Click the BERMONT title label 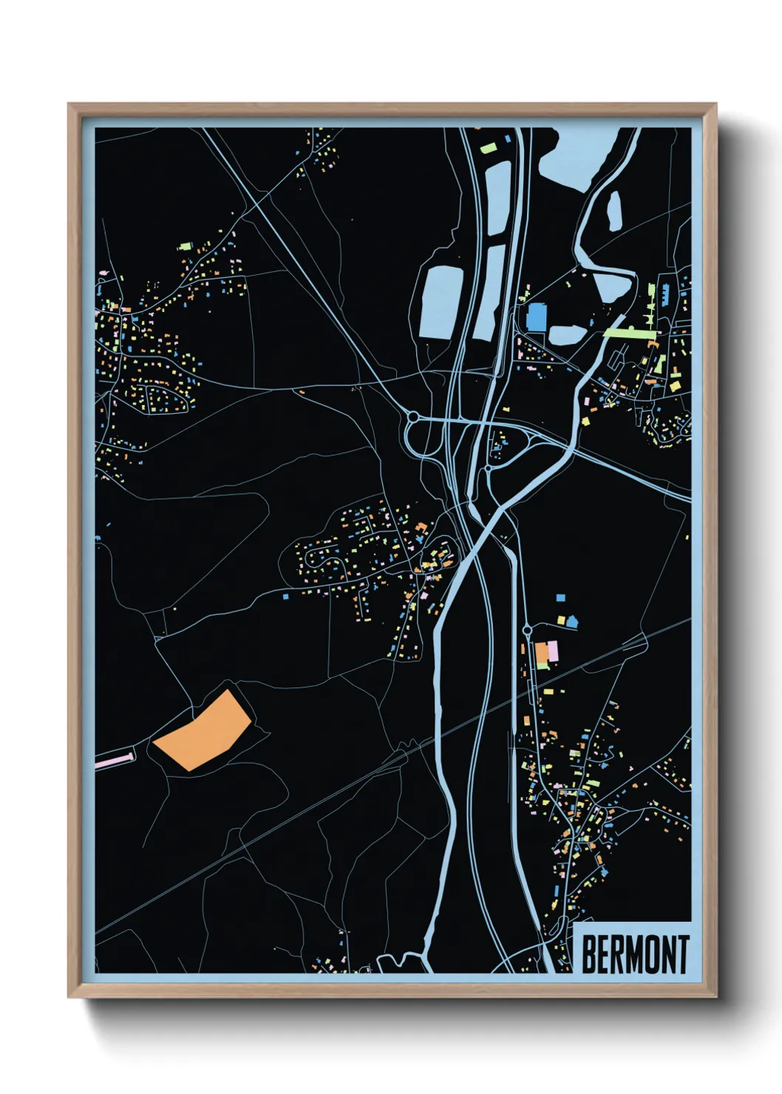[x=635, y=954]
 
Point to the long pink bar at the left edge [x=115, y=759]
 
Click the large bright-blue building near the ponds [x=537, y=317]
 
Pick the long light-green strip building [x=630, y=333]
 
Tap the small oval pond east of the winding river [x=614, y=210]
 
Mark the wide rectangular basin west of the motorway [x=441, y=302]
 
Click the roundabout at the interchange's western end [x=413, y=418]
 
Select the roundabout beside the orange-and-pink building [x=527, y=630]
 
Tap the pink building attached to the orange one [x=553, y=650]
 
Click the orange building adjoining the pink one [x=542, y=653]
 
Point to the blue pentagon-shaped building [x=571, y=622]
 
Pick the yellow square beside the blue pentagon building [x=561, y=619]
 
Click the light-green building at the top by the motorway [x=489, y=149]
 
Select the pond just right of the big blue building [x=568, y=335]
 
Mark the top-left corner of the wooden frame [x=69, y=105]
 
